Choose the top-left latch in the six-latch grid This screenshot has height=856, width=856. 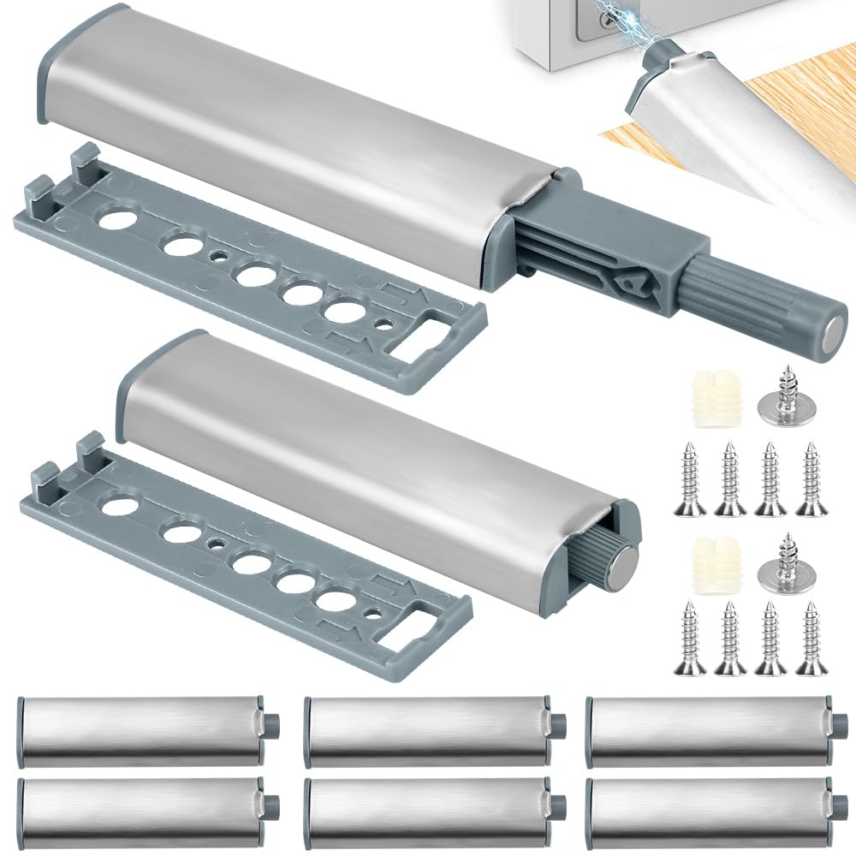pyautogui.click(x=141, y=730)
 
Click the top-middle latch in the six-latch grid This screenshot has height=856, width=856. pyautogui.click(x=428, y=730)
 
